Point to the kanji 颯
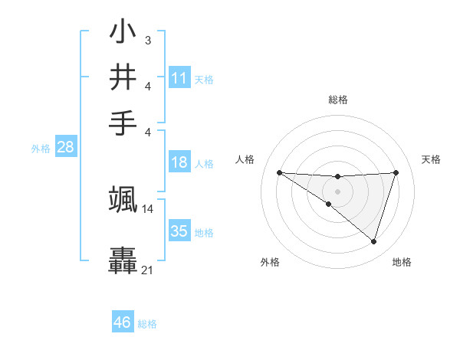[123, 200]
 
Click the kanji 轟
[123, 260]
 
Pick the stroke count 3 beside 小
[147, 39]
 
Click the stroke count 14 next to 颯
[148, 208]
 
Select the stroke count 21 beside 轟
[148, 270]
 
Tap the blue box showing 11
[179, 78]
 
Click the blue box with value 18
[179, 162]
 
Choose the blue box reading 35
[179, 231]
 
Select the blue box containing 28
[65, 148]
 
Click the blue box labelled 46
[123, 322]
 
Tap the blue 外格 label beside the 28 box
[41, 149]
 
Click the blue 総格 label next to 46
[147, 324]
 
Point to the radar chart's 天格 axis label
[432, 159]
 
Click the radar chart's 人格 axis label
[245, 159]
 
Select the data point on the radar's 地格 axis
[373, 241]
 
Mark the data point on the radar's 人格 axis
[279, 172]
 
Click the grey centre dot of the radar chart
[337, 191]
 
